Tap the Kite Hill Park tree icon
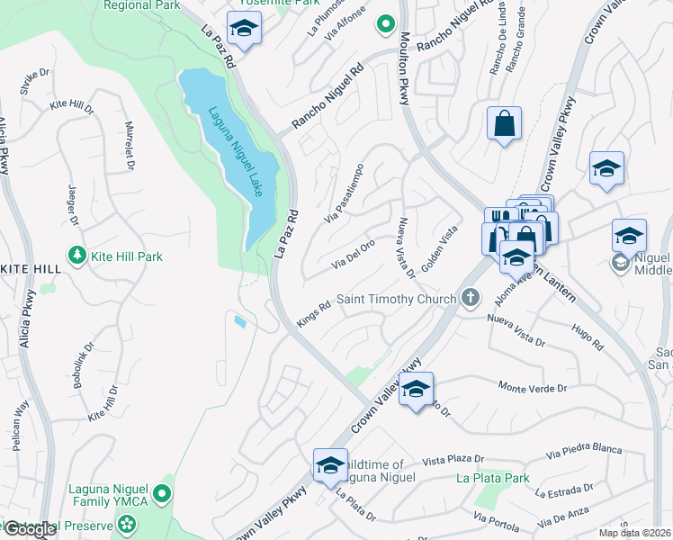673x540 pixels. pyautogui.click(x=78, y=256)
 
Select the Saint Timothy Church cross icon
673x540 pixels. pyautogui.click(x=469, y=298)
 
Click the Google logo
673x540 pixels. pyautogui.click(x=30, y=529)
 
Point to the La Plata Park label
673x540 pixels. pyautogui.click(x=492, y=478)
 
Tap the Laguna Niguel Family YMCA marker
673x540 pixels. pyautogui.click(x=162, y=492)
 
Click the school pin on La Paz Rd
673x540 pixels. pyautogui.click(x=243, y=30)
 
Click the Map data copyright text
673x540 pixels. pyautogui.click(x=635, y=533)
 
